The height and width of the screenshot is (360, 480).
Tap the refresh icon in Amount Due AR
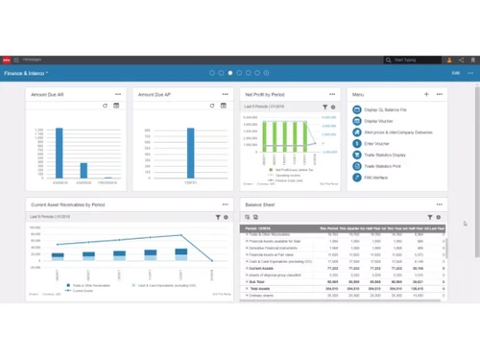(x=105, y=107)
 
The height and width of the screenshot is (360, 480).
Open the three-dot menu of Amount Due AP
(x=225, y=95)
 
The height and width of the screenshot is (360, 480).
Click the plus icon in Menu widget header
(x=426, y=95)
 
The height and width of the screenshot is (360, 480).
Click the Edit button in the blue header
(x=455, y=73)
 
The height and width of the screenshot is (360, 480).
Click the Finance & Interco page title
(x=26, y=73)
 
